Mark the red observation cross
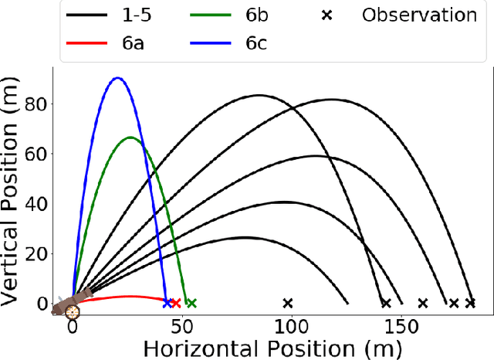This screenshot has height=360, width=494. coord(176,304)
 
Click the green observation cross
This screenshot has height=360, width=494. coord(191,304)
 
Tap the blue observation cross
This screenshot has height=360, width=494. coord(167,304)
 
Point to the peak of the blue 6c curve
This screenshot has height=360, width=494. coord(117,78)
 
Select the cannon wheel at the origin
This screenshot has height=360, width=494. coord(72,312)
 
